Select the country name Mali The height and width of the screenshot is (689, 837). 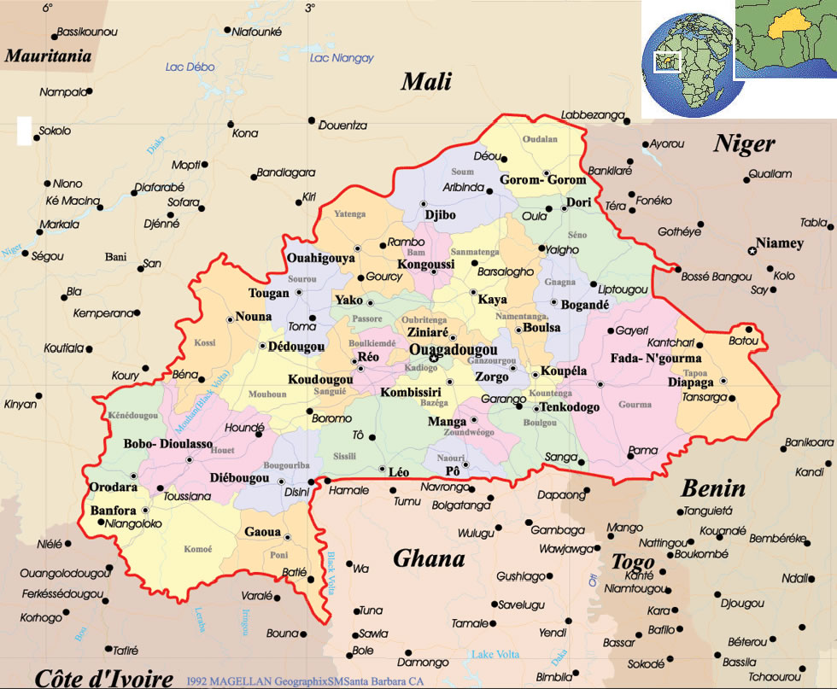[426, 81]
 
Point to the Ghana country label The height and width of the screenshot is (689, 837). [429, 559]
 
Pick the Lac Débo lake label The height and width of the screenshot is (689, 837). [190, 67]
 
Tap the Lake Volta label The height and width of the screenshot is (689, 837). [495, 655]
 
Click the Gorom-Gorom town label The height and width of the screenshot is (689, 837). [543, 180]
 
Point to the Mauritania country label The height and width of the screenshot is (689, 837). [48, 57]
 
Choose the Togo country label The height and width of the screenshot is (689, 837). [632, 562]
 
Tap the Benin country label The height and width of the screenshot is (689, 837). [712, 489]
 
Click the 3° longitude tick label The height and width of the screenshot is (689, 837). [309, 8]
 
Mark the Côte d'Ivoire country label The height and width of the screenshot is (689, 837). [104, 678]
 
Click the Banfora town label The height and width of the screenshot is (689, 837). [113, 511]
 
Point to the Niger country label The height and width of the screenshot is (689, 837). [744, 144]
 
